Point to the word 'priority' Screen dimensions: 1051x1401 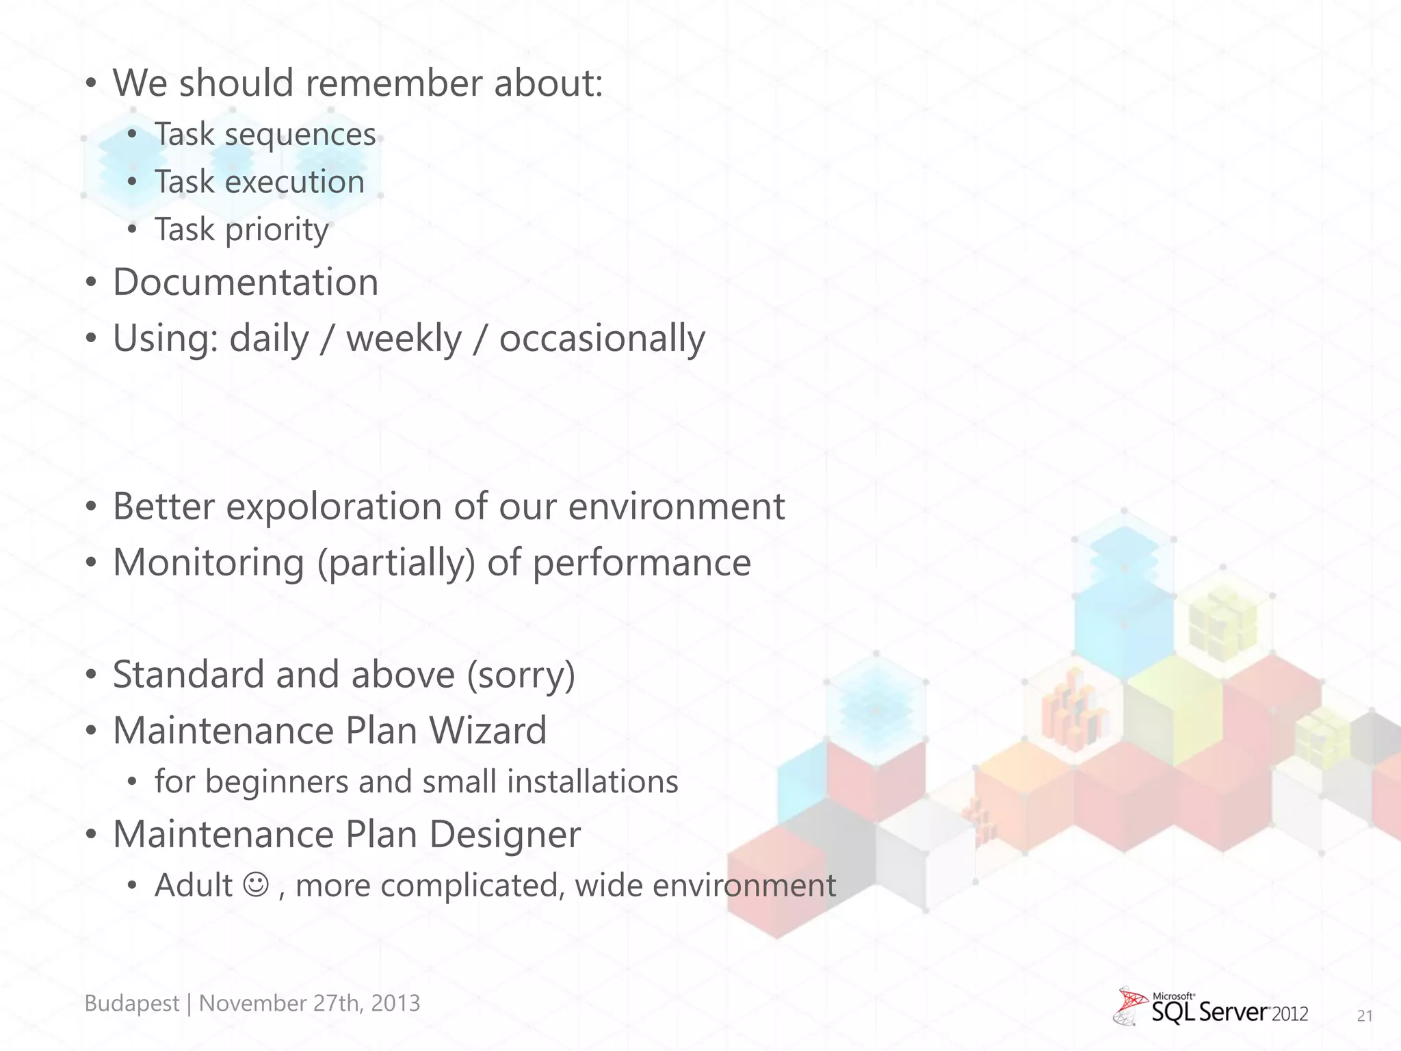tap(276, 230)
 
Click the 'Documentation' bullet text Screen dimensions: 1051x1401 tap(245, 283)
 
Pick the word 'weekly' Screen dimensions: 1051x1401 tap(404, 339)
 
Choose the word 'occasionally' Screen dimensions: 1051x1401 tap(601, 339)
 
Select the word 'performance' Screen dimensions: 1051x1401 tap(641, 563)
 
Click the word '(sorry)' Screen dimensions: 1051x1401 tap(521, 675)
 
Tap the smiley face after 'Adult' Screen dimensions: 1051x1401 tap(257, 884)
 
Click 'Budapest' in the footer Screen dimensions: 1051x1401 tap(131, 1003)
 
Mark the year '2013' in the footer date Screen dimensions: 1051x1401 tap(395, 1003)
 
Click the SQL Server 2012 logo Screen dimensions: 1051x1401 tap(1211, 1007)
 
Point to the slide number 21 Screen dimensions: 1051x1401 tap(1364, 1016)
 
